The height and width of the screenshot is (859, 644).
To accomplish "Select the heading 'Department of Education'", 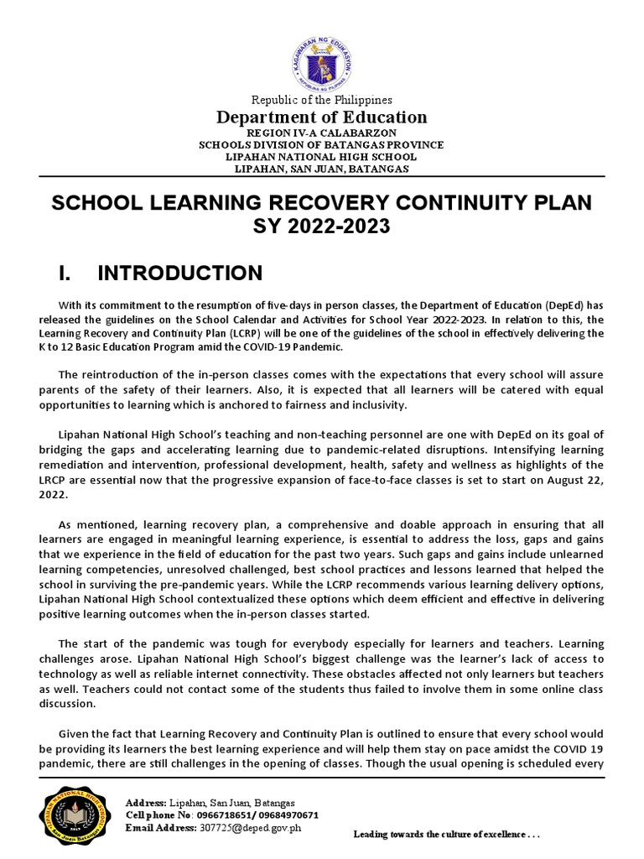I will [322, 117].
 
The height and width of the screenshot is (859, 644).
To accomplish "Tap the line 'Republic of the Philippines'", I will [322, 100].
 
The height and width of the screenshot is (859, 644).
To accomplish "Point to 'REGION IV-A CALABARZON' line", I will [322, 133].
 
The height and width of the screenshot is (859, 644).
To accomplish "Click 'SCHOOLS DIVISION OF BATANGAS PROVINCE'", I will [322, 144].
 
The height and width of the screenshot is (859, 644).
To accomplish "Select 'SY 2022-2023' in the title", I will [322, 226].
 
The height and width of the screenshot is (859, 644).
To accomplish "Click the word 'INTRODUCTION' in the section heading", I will [180, 273].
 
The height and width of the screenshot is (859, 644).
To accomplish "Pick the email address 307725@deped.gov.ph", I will [249, 828].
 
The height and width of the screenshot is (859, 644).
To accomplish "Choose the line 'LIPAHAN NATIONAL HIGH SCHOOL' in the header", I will [322, 157].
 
